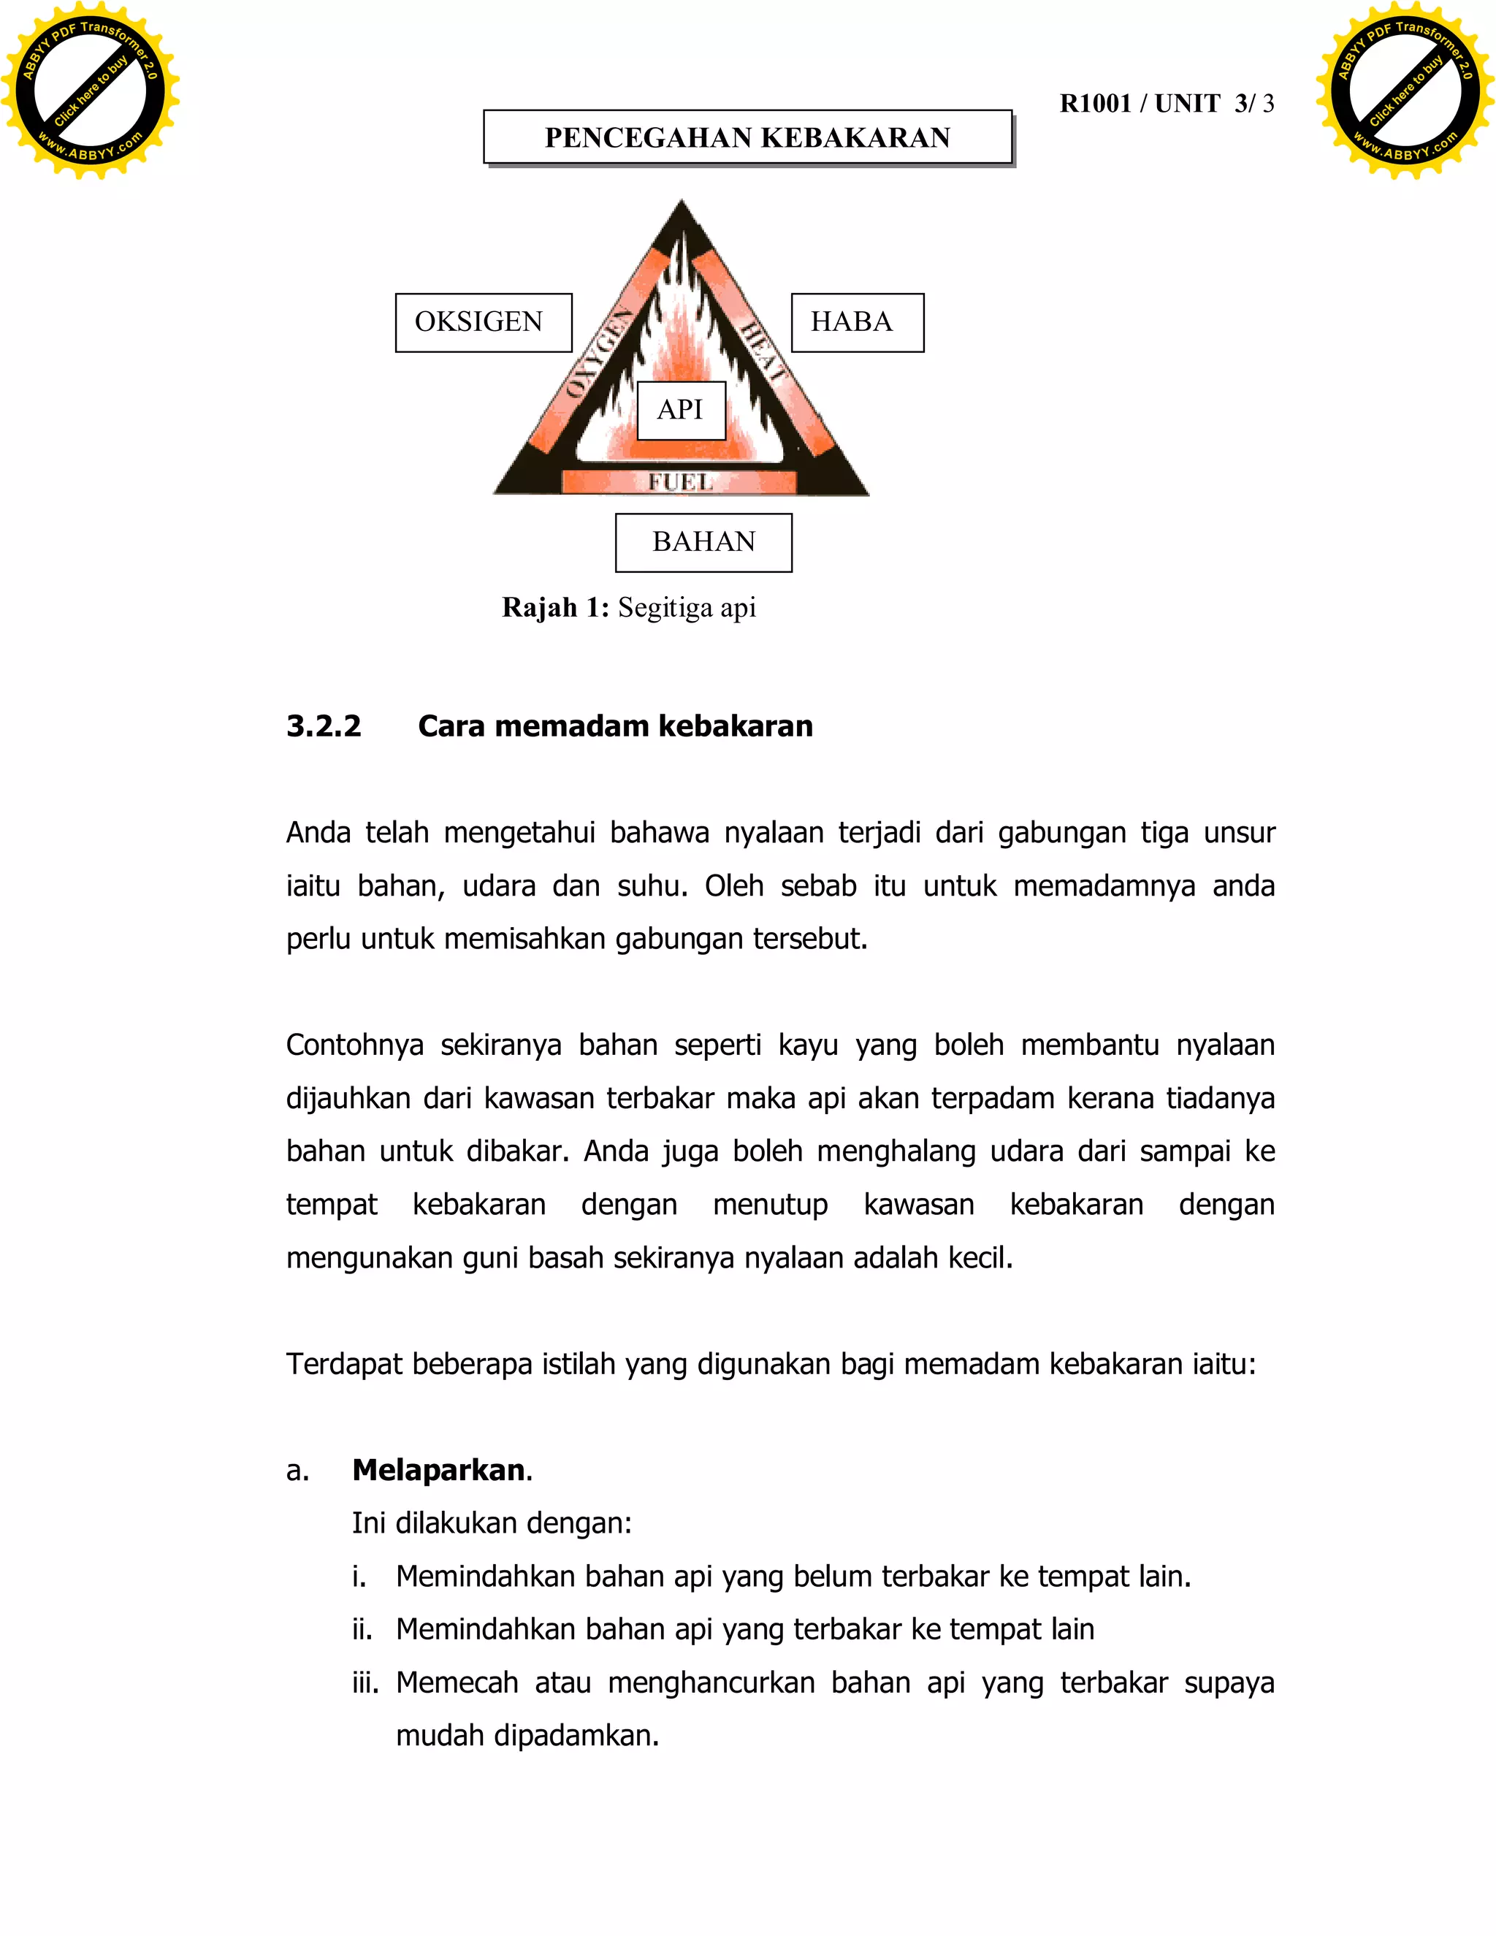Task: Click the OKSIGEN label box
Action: tap(483, 323)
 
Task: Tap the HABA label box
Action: tap(856, 323)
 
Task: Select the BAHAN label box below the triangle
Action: tap(703, 543)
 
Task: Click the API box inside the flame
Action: tap(681, 411)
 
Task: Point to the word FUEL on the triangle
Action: tap(680, 482)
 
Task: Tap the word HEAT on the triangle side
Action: tap(763, 353)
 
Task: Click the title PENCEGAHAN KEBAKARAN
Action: tap(747, 137)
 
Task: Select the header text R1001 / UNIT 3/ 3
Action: tap(1167, 104)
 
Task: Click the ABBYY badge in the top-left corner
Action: tap(90, 91)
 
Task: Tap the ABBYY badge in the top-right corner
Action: tap(1405, 91)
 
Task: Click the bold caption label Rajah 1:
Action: tap(555, 608)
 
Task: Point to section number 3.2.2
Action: tap(324, 726)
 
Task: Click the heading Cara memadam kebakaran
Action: tap(615, 726)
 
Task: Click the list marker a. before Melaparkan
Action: tap(298, 1471)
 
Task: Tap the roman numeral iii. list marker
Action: tap(365, 1682)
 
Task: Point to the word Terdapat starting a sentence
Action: tap(342, 1364)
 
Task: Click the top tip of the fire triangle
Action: tap(681, 206)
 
